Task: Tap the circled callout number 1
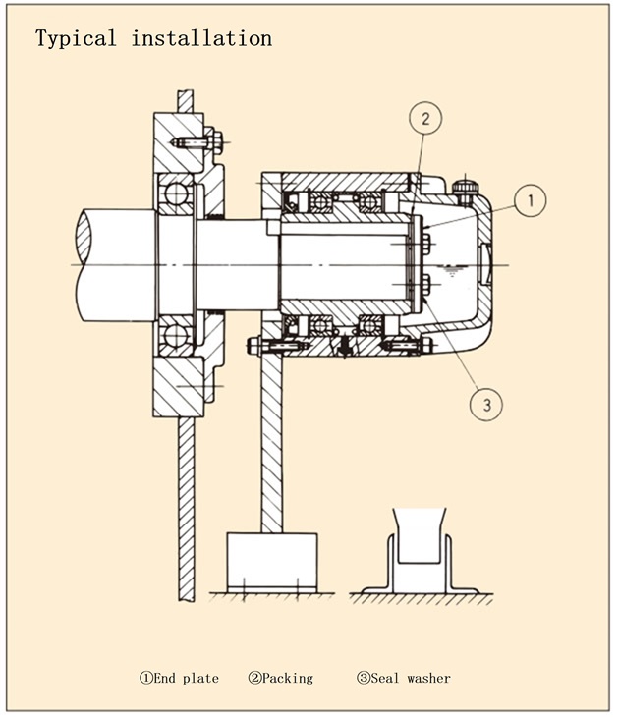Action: tap(530, 201)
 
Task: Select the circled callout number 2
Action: tap(424, 120)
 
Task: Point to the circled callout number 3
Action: tap(488, 401)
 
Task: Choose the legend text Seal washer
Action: tap(404, 678)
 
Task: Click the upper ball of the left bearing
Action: tap(177, 194)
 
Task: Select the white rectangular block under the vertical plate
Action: tap(271, 561)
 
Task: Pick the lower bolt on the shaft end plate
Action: tap(424, 287)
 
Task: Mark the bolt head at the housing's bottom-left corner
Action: tap(253, 345)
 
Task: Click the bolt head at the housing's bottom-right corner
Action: tap(425, 345)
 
